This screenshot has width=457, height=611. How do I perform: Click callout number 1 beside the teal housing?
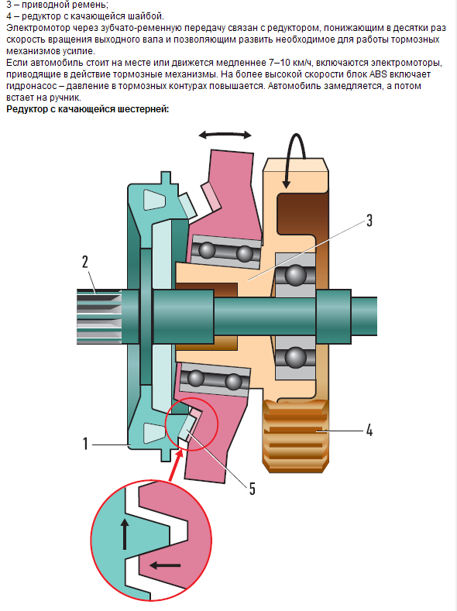86,444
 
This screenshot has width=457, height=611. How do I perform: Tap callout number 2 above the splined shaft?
85,262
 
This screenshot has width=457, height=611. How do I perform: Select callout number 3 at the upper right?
369,221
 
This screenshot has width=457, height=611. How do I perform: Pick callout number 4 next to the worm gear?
369,431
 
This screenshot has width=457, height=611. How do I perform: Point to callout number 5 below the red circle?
252,489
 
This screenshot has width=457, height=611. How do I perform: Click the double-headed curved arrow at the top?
225,134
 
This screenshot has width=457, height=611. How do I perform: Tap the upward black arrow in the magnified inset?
125,534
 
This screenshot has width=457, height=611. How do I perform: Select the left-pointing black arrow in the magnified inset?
165,565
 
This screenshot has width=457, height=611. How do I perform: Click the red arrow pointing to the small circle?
174,465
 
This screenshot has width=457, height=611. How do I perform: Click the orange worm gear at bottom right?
296,436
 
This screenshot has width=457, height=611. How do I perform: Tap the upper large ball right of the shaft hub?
296,275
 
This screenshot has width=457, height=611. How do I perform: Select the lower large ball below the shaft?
296,357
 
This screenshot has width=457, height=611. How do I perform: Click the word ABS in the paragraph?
378,74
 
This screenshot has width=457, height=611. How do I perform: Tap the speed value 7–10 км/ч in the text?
290,63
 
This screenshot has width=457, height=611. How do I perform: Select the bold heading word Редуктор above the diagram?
26,109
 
